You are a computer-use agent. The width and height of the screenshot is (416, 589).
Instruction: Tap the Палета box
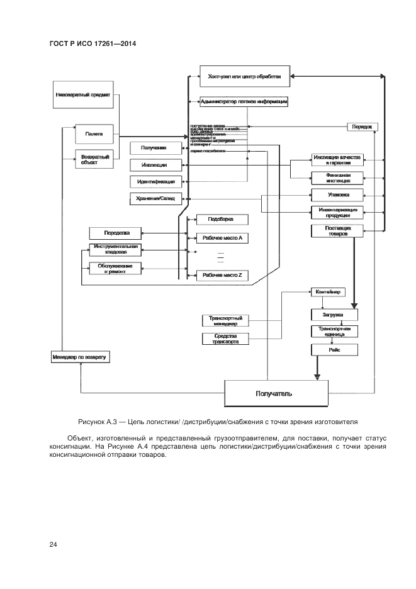click(94, 133)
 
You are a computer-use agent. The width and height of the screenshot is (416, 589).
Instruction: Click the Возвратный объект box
click(94, 159)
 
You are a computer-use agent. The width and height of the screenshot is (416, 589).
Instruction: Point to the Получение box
click(154, 148)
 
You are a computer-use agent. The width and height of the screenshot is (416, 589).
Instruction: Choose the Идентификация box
click(154, 182)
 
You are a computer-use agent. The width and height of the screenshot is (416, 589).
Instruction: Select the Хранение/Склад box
click(154, 199)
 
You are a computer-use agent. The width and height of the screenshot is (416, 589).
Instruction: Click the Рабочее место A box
click(223, 238)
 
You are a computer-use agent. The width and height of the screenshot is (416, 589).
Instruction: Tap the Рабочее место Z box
click(223, 276)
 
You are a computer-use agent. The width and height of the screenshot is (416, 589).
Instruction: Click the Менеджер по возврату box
click(80, 357)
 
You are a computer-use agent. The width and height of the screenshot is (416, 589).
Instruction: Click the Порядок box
click(363, 126)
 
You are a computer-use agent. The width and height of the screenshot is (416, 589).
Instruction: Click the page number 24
click(53, 544)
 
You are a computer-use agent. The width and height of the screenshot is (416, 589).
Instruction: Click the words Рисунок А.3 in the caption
click(99, 421)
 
